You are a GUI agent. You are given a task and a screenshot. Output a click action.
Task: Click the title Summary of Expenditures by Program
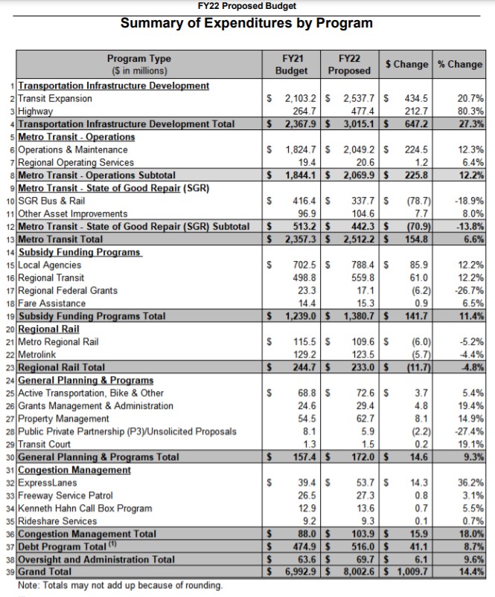[x=246, y=23]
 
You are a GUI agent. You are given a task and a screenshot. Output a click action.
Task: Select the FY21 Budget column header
[x=292, y=64]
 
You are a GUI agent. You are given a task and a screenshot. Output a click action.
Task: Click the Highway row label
[x=35, y=111]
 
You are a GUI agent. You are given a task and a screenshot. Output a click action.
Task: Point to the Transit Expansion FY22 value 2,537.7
[x=356, y=98]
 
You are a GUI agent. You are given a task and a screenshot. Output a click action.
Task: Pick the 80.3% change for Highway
[x=470, y=111]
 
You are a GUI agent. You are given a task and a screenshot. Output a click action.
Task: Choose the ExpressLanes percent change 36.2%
[x=470, y=483]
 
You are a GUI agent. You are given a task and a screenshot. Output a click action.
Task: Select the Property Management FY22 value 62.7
[x=360, y=419]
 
